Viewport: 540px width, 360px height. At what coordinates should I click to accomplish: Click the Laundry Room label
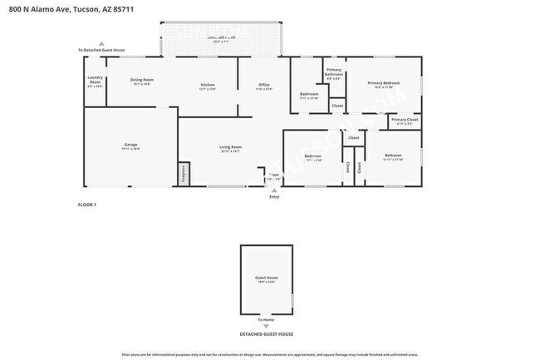(x=95, y=79)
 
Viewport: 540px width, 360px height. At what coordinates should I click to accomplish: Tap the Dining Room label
(x=142, y=80)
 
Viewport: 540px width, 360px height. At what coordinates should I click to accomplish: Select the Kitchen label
(x=208, y=85)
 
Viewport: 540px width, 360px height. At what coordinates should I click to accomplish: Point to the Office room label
(x=263, y=85)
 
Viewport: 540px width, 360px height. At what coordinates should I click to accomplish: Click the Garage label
(x=130, y=145)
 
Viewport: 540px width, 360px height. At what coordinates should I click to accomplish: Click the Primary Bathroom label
(x=334, y=72)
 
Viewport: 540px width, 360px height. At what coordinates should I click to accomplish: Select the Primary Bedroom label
(x=384, y=83)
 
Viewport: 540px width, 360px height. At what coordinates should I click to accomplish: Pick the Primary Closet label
(x=405, y=120)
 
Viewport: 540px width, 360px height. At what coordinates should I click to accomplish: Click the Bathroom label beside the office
(x=309, y=94)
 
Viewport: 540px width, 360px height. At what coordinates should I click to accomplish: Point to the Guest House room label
(x=266, y=278)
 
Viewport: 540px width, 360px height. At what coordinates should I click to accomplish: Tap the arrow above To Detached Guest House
(x=101, y=43)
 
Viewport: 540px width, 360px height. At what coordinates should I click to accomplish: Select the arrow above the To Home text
(x=266, y=313)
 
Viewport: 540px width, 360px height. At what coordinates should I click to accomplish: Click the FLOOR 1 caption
(x=87, y=205)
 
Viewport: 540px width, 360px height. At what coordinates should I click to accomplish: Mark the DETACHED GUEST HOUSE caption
(x=266, y=333)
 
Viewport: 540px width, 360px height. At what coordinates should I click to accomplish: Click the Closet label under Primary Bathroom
(x=336, y=106)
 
